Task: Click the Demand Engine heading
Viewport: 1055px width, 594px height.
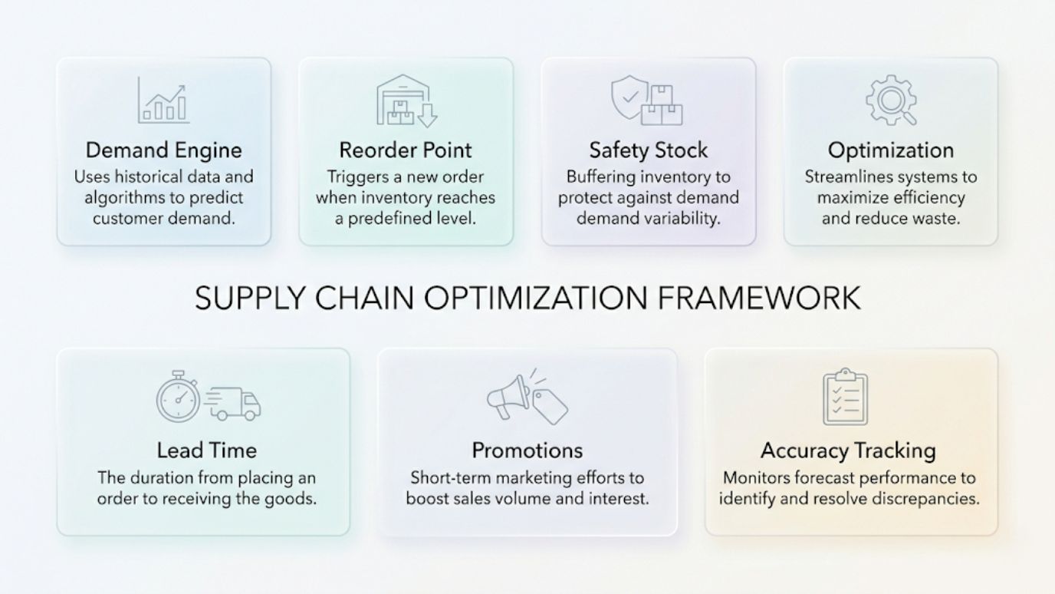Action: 163,150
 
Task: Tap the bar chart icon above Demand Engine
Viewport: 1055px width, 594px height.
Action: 163,101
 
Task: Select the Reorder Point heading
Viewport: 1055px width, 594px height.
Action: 406,150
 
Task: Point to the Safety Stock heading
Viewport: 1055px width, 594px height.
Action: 648,150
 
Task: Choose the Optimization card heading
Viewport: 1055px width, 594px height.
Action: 891,150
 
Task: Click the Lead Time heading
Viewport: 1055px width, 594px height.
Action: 206,450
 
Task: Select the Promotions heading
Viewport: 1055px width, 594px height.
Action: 527,450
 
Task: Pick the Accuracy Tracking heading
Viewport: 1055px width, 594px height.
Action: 848,450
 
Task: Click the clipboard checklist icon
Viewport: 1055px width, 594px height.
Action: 844,398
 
